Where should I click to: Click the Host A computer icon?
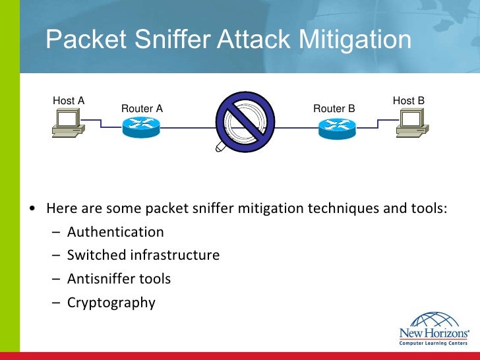pos(68,123)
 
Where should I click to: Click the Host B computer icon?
pos(411,123)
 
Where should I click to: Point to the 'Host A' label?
pos(69,101)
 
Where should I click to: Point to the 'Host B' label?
pos(409,101)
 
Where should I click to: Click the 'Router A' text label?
pos(142,109)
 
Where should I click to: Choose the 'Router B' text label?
pos(334,109)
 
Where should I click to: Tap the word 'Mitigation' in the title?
pos(355,40)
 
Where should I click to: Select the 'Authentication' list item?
pos(115,232)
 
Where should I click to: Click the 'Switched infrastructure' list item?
pos(143,255)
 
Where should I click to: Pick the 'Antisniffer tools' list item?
pos(119,279)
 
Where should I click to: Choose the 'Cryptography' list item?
pos(111,303)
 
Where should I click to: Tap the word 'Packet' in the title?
pos(78,40)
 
